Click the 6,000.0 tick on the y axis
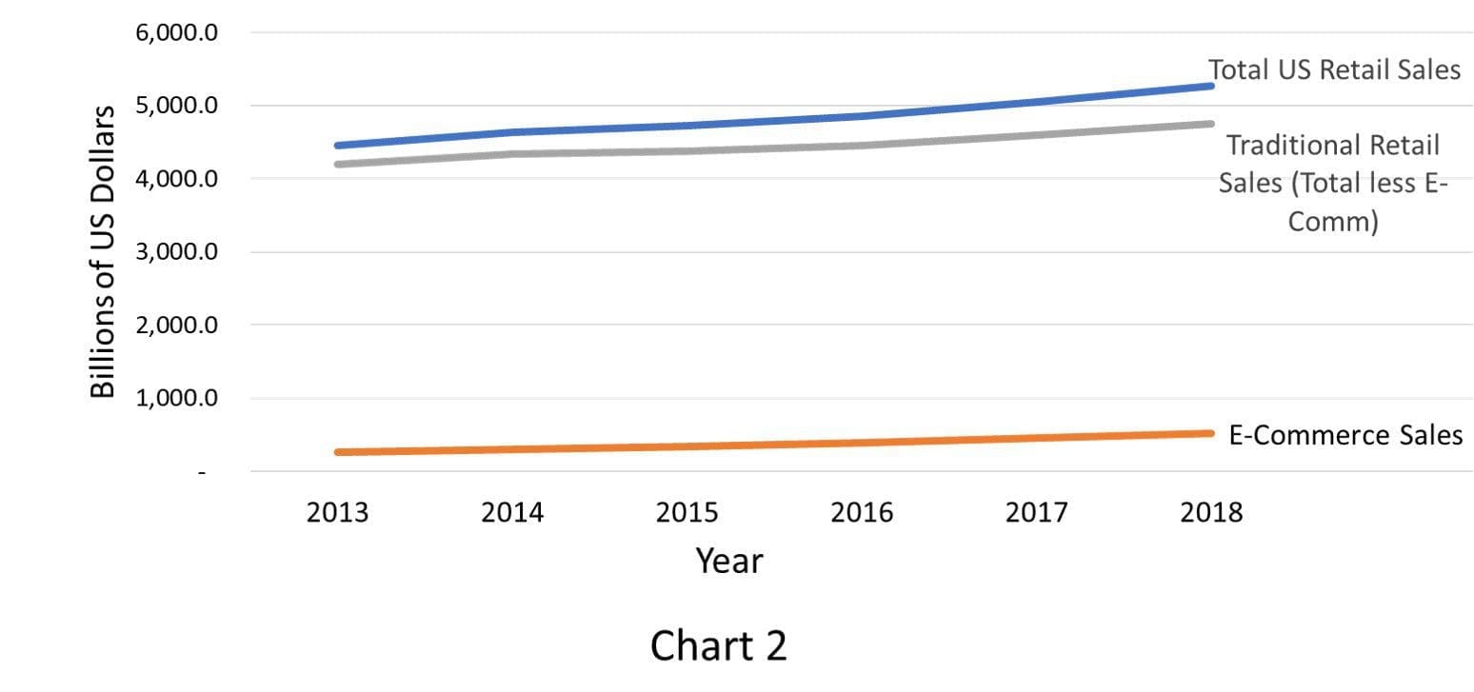click(176, 32)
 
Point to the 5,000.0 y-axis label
click(176, 106)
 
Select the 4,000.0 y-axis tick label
click(176, 178)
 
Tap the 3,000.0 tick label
click(176, 251)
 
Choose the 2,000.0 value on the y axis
click(176, 325)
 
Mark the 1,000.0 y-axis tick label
click(176, 398)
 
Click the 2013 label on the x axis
click(338, 512)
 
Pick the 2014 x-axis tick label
click(512, 512)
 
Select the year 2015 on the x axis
click(687, 512)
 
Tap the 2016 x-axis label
click(862, 512)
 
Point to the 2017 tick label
click(1036, 512)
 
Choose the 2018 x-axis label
click(1211, 512)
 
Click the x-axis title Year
click(729, 561)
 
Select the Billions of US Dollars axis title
click(103, 252)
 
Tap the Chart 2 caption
click(719, 645)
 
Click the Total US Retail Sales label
click(1334, 69)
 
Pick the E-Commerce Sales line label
click(1345, 435)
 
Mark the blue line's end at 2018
click(1211, 86)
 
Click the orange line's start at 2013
click(338, 452)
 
